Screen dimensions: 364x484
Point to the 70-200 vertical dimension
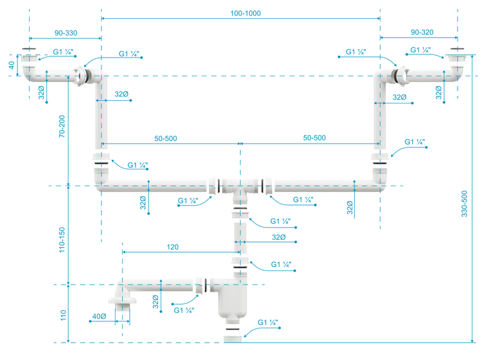pos(62,126)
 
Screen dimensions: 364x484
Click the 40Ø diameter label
pos(99,316)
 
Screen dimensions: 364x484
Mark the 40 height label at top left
pos(10,65)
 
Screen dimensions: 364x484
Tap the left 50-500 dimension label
pos(165,138)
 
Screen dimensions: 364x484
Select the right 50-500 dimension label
pos(314,138)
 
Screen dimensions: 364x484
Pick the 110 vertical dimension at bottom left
pos(63,315)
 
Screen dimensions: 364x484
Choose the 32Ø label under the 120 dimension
pos(279,238)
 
